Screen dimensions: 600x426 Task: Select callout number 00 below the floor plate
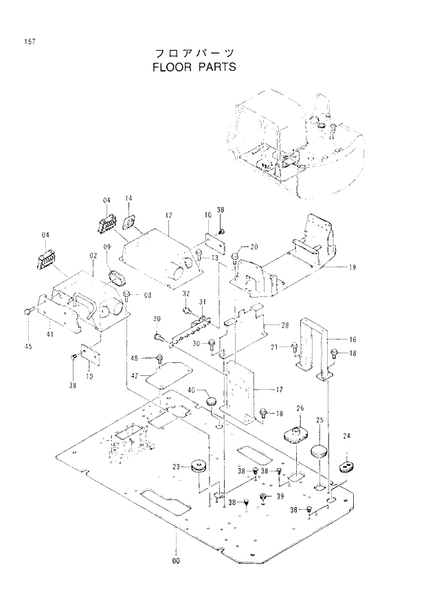tap(176, 562)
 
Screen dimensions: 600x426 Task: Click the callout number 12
tap(168, 215)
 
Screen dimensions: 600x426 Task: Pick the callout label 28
tap(284, 324)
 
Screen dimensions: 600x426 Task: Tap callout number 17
tap(280, 390)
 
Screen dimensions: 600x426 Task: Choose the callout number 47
tap(135, 375)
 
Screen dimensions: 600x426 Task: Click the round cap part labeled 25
tap(318, 452)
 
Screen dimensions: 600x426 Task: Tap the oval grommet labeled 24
tap(346, 467)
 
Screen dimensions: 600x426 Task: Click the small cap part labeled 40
tap(212, 398)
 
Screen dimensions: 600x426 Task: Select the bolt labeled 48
tap(160, 357)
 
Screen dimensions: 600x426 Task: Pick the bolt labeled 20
tap(236, 257)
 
